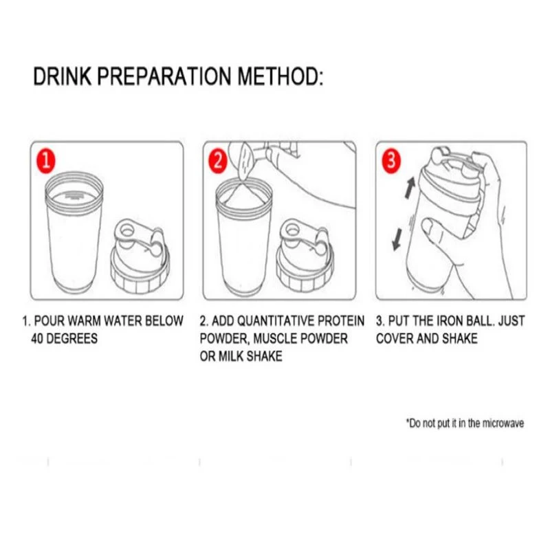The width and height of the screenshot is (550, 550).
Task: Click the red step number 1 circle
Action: [45, 162]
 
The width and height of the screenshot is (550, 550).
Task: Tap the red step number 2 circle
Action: [217, 162]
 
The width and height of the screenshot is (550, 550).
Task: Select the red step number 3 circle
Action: [390, 162]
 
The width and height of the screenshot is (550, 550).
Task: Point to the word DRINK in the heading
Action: [62, 76]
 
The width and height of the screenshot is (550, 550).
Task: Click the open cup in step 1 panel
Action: [74, 234]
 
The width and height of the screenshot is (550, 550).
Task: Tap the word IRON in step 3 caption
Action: [457, 321]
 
